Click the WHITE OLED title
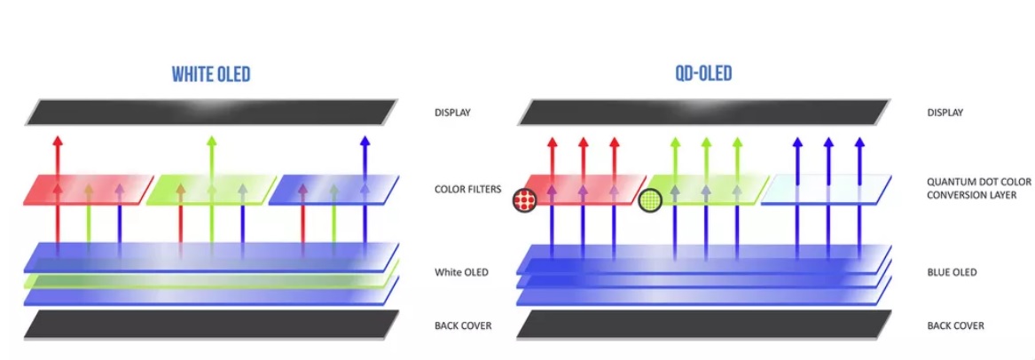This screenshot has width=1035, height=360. [x=211, y=74]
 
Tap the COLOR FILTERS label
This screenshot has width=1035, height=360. [x=467, y=189]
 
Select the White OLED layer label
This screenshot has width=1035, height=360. [x=462, y=272]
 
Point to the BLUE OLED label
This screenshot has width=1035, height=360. [x=952, y=272]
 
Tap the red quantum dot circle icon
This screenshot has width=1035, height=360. [x=526, y=201]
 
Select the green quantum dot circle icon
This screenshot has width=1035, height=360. [x=652, y=201]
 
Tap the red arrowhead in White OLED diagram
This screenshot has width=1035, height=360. [x=59, y=140]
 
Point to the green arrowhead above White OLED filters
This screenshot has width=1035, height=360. [x=211, y=140]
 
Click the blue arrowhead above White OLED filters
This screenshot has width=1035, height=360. [x=365, y=140]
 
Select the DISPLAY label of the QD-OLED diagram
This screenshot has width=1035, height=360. [x=945, y=113]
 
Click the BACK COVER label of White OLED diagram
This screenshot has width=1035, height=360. [x=463, y=325]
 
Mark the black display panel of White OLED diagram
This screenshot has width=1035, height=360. [x=211, y=113]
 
